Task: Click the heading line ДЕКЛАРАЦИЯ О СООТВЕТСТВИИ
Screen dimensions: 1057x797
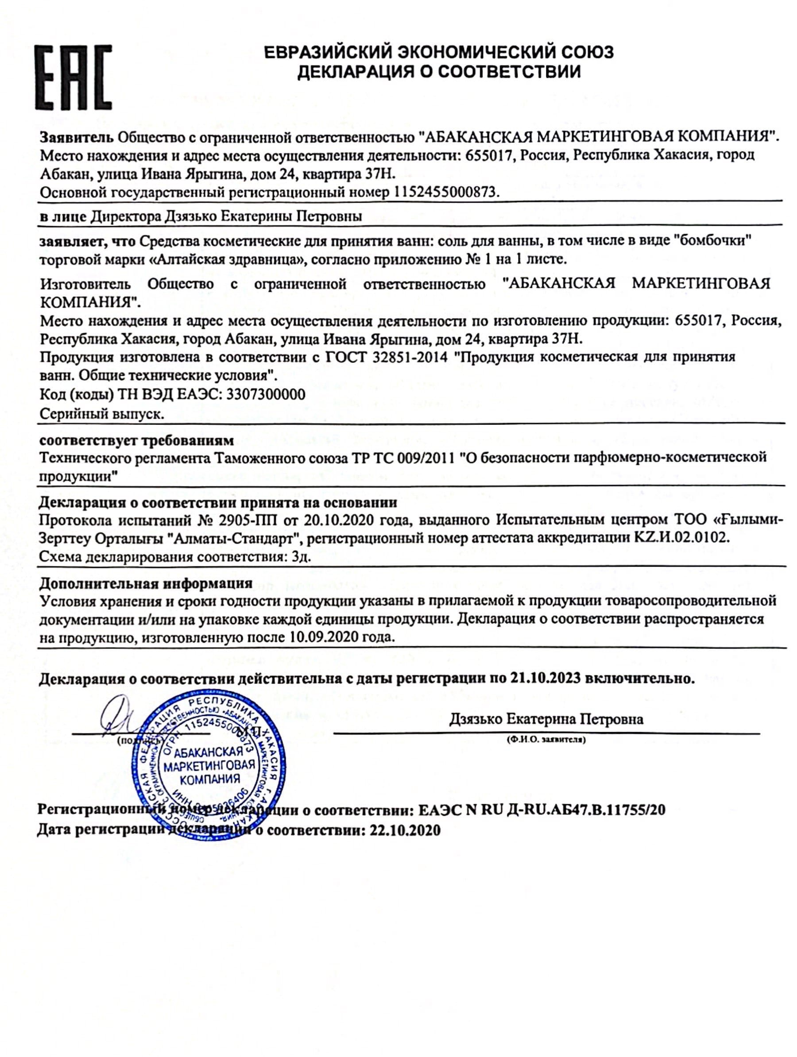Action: coord(438,72)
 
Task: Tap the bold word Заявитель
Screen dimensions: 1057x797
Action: coord(77,138)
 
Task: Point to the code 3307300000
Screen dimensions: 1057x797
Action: coord(265,394)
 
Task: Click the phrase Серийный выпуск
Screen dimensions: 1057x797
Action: coord(101,413)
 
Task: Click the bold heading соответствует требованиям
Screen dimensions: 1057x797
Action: coord(136,439)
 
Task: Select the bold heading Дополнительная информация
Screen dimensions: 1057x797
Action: coord(145,583)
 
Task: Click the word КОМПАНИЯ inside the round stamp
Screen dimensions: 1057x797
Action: coord(209,779)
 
